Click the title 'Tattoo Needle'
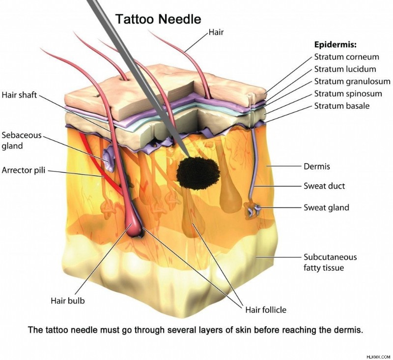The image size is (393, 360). [158, 19]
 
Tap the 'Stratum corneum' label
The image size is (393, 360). [347, 57]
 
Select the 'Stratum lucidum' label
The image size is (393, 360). [345, 69]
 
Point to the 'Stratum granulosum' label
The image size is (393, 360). [352, 81]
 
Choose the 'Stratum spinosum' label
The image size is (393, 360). [348, 93]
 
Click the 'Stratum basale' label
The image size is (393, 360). [342, 106]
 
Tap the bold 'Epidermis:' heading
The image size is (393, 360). [336, 45]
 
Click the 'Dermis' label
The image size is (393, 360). [317, 166]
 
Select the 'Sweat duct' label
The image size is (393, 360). [324, 186]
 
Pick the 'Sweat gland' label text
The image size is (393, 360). [326, 208]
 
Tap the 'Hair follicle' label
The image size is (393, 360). [266, 309]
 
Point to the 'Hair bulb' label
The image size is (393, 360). [68, 300]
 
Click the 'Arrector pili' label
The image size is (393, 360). [24, 170]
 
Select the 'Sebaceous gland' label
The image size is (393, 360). [22, 141]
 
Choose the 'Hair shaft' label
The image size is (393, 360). [19, 95]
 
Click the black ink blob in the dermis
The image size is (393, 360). [198, 172]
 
